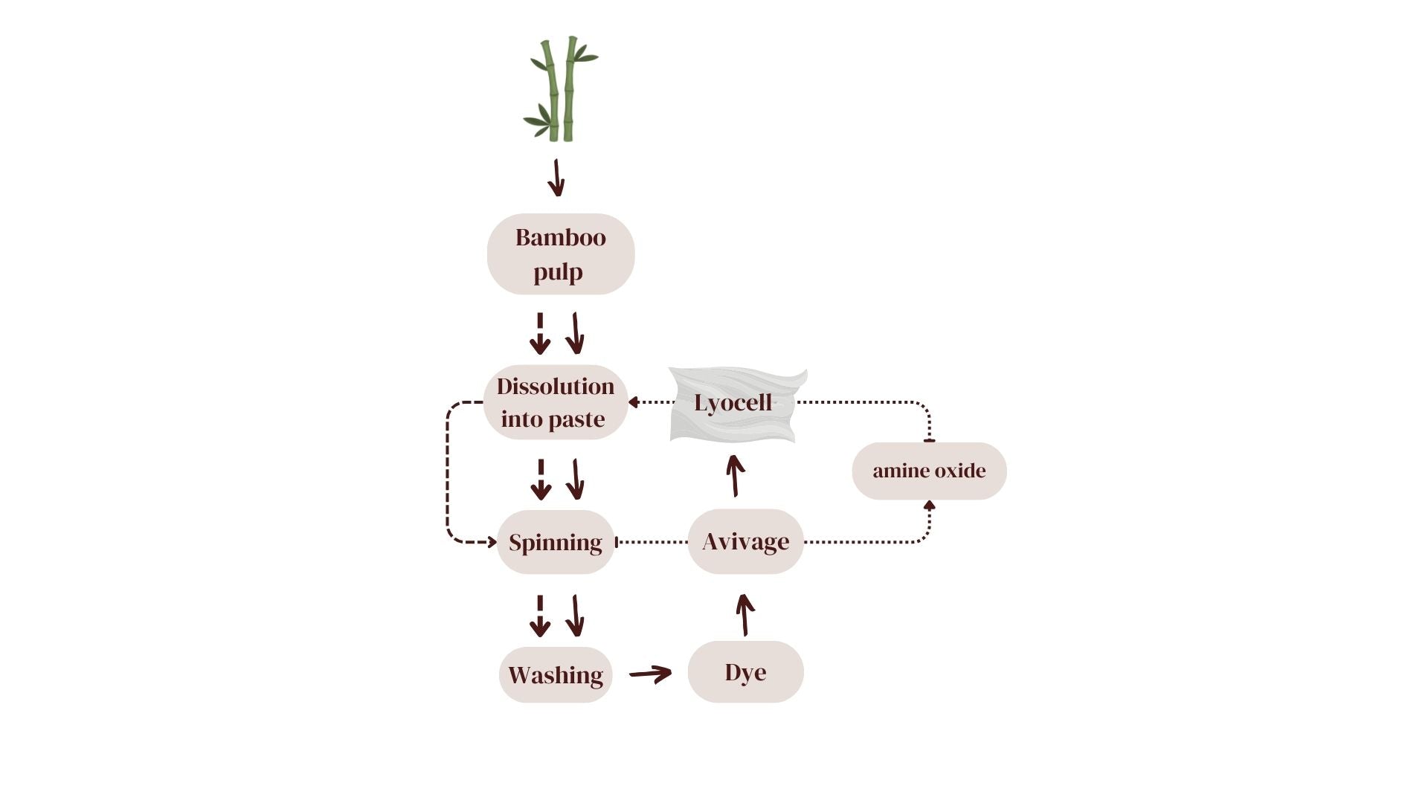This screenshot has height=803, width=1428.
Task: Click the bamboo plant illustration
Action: tap(559, 89)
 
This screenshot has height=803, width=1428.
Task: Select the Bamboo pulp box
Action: tap(560, 254)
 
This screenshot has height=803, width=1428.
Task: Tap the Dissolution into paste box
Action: tap(555, 402)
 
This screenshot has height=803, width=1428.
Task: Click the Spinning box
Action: tap(555, 542)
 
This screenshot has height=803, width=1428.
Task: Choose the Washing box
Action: tap(555, 675)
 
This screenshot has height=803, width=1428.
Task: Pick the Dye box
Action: tap(745, 672)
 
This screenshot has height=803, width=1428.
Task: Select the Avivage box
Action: tap(745, 541)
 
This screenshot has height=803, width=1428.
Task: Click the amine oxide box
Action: tap(929, 471)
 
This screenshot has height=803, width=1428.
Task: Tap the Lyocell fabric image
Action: tap(736, 404)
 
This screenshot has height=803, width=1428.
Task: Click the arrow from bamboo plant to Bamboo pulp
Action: tap(556, 178)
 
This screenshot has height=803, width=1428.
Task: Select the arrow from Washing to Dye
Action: tap(651, 674)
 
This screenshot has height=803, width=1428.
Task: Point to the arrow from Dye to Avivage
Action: tap(744, 615)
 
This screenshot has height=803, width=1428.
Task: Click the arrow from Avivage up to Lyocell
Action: tap(735, 476)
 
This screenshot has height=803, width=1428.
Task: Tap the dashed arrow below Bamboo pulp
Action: tap(540, 334)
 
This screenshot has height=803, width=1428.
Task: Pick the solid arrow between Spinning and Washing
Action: tap(576, 616)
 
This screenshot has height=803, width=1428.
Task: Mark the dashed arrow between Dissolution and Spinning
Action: tap(541, 480)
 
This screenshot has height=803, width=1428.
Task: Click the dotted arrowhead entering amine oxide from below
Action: tap(929, 506)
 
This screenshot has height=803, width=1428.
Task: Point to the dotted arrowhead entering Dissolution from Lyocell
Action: tap(634, 402)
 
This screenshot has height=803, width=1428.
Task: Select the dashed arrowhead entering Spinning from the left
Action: tap(491, 542)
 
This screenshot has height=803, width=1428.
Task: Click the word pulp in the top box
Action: tap(558, 272)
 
